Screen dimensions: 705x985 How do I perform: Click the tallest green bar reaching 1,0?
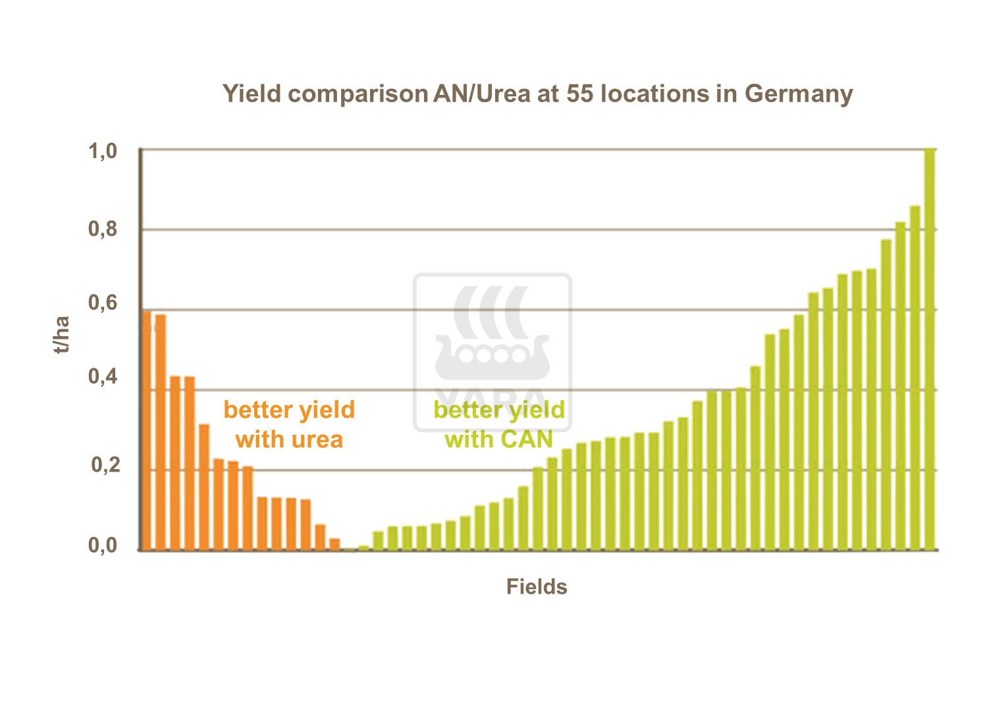(930, 349)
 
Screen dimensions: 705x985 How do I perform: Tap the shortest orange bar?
(334, 544)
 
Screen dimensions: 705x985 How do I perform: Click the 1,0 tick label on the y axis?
(103, 152)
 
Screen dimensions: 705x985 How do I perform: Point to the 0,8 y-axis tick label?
(103, 229)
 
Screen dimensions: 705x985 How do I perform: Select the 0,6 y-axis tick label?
(103, 303)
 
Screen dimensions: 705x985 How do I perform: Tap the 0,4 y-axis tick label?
(103, 377)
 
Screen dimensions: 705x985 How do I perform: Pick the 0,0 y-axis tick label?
(103, 546)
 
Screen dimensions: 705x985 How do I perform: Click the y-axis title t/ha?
(62, 335)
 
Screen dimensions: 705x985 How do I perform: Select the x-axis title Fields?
(537, 586)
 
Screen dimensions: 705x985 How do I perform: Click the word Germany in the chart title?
(799, 94)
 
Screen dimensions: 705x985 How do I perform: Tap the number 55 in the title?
(579, 94)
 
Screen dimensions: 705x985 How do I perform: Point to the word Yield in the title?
(252, 94)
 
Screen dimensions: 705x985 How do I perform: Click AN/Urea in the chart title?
(482, 94)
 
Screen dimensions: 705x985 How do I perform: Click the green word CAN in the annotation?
(527, 439)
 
